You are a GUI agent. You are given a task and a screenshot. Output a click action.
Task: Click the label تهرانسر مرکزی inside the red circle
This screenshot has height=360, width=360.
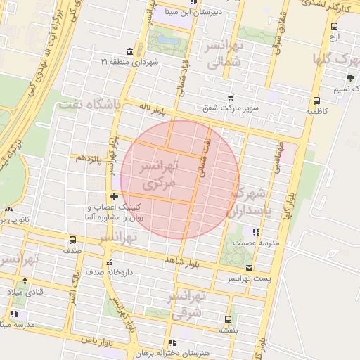160,176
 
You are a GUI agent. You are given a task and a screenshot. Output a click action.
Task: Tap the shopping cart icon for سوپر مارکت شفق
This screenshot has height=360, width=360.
230,98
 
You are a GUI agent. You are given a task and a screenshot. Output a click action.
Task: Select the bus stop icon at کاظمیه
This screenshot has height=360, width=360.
316,100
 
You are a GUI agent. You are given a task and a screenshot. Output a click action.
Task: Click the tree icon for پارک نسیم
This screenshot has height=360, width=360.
350,78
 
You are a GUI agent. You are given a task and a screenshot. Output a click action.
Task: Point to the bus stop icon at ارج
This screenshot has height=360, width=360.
334,25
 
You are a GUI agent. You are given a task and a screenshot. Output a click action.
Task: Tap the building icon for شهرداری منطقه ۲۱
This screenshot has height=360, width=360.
129,51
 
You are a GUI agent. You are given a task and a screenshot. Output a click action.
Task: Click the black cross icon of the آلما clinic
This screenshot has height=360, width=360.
114,196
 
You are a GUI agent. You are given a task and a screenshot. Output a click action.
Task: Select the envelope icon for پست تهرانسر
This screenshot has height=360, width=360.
249,268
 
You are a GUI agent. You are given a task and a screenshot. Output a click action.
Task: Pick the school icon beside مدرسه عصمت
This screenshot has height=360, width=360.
257,231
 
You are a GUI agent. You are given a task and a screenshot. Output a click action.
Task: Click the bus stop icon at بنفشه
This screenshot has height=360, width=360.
226,319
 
